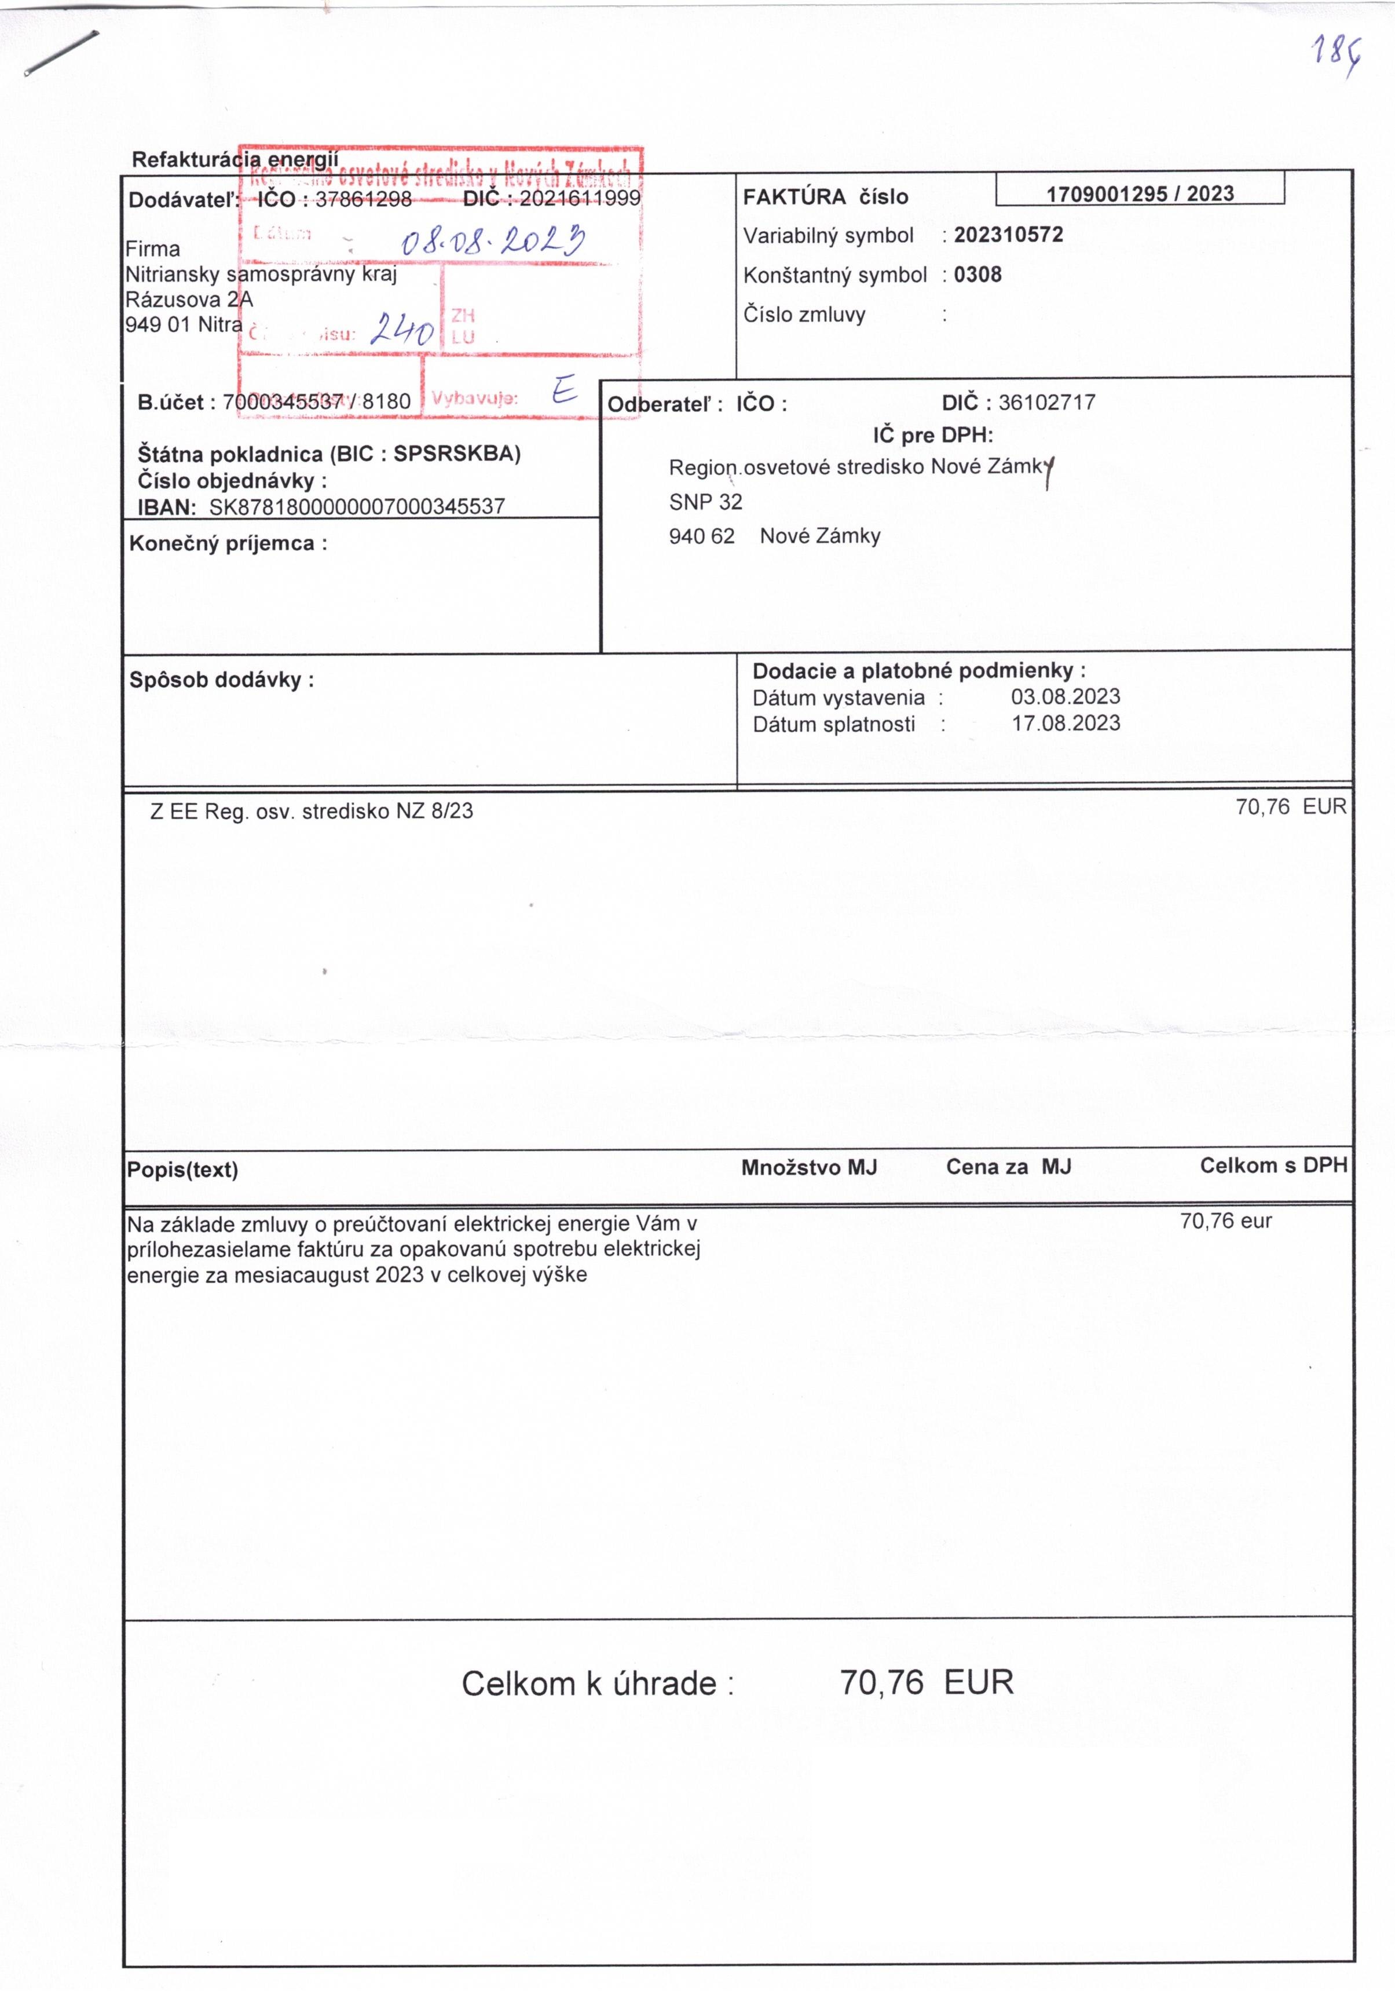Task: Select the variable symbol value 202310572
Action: pos(1008,235)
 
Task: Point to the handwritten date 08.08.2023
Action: pos(492,239)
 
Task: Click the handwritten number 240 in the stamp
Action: pos(401,330)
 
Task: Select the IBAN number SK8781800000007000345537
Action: pos(357,506)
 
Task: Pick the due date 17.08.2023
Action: pos(1065,723)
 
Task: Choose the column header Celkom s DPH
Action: pos(1273,1166)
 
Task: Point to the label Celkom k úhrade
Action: pos(598,1683)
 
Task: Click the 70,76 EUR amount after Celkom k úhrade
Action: pos(926,1682)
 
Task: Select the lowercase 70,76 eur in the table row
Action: pos(1225,1221)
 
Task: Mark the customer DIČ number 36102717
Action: pos(1046,403)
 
